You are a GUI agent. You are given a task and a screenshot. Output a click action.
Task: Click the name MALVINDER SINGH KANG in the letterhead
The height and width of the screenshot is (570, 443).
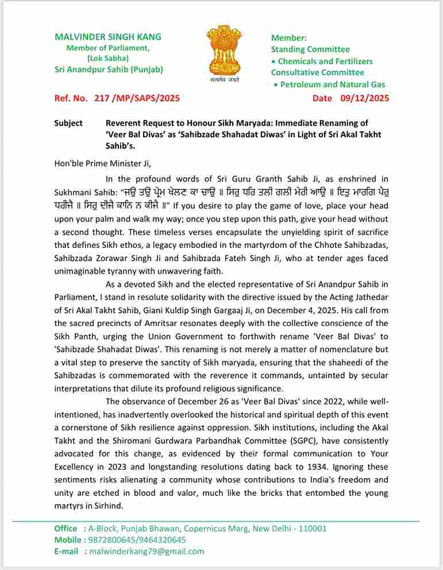(108, 37)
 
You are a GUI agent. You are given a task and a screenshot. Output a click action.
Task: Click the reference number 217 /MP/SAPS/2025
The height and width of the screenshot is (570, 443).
(137, 98)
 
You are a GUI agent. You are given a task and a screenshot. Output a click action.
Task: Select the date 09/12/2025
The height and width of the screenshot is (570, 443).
(364, 98)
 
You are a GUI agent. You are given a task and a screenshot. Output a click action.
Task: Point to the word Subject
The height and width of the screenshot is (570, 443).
(68, 123)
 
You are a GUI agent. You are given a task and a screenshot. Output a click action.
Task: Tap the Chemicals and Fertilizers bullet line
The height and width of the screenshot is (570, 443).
(325, 61)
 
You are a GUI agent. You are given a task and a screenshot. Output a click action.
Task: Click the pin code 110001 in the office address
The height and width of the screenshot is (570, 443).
(309, 528)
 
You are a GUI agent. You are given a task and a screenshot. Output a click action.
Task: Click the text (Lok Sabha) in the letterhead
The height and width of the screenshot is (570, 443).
(108, 59)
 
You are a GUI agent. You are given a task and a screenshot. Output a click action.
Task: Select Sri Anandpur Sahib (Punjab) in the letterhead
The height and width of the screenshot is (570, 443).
(109, 69)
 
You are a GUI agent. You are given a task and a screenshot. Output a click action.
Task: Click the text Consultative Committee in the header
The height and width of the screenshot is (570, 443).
(317, 72)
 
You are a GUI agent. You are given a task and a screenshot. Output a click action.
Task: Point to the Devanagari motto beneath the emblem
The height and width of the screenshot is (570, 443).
(225, 80)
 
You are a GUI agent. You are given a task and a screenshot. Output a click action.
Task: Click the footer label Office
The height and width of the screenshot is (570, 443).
(66, 528)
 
